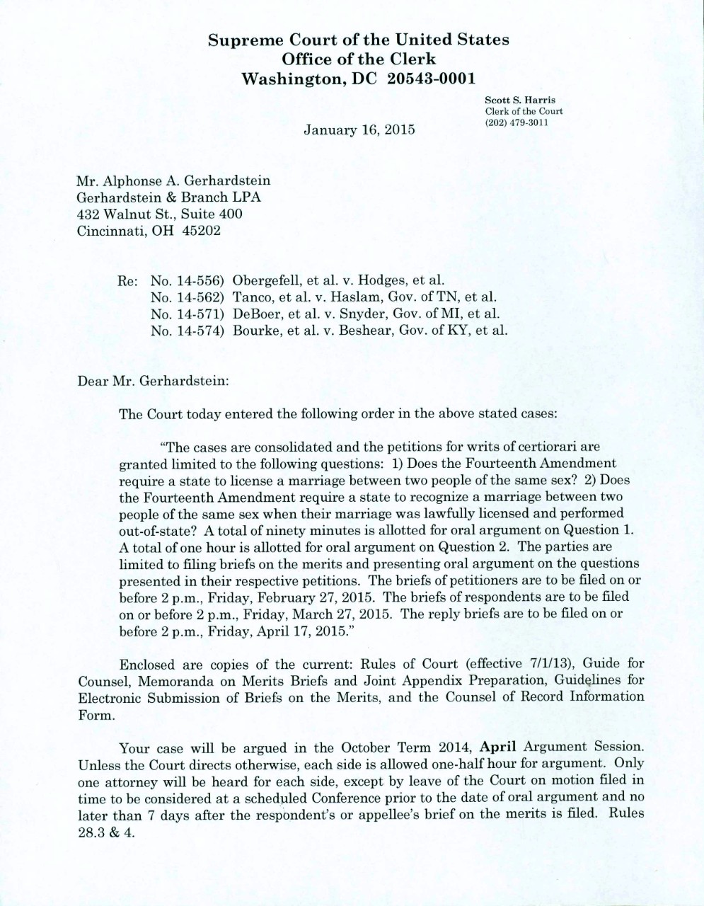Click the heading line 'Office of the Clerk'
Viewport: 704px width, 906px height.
tap(359, 59)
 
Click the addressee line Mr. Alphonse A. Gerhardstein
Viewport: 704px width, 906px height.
tap(173, 181)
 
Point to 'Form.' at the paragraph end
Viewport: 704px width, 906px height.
tap(95, 714)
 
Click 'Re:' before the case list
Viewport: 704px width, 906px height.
tap(127, 280)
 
